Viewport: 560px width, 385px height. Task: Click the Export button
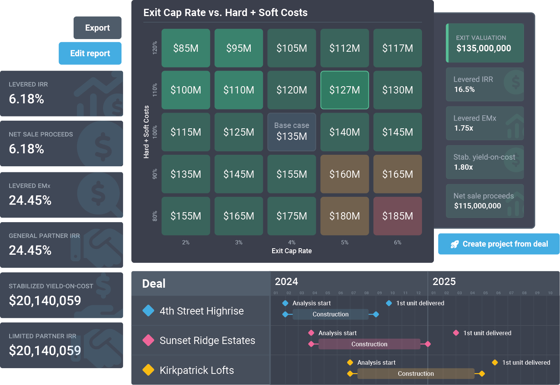(97, 28)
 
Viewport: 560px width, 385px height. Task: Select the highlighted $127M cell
(345, 90)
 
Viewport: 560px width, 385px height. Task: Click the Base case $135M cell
(292, 132)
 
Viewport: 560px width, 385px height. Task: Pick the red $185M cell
(397, 216)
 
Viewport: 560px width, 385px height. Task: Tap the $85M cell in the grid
(186, 48)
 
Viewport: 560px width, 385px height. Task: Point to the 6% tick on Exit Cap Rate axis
(397, 242)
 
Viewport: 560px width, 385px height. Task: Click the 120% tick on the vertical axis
(155, 48)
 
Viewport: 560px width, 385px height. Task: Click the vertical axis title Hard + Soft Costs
(146, 132)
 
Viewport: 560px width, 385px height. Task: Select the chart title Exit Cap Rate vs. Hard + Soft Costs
(225, 13)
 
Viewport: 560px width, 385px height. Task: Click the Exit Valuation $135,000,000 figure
(484, 48)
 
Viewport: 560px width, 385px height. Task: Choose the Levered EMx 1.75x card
(484, 123)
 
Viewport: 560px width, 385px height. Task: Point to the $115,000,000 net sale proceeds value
(477, 206)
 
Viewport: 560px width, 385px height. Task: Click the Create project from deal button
(499, 244)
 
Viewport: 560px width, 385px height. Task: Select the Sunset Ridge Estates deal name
(207, 341)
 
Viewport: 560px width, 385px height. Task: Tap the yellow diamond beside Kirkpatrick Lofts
(148, 370)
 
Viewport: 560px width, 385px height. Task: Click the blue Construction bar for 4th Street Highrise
(330, 315)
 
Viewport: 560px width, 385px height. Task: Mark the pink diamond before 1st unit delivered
(456, 333)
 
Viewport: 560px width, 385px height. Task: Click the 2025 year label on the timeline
(444, 282)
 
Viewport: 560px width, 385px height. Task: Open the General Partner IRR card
(62, 245)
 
